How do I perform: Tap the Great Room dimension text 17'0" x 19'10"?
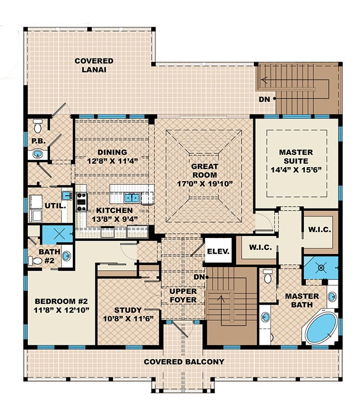click(x=204, y=183)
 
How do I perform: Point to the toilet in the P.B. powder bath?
click(x=37, y=128)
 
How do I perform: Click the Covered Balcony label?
click(x=184, y=362)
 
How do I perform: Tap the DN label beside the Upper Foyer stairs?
click(x=199, y=277)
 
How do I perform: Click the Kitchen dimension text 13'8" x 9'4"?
click(x=115, y=220)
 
